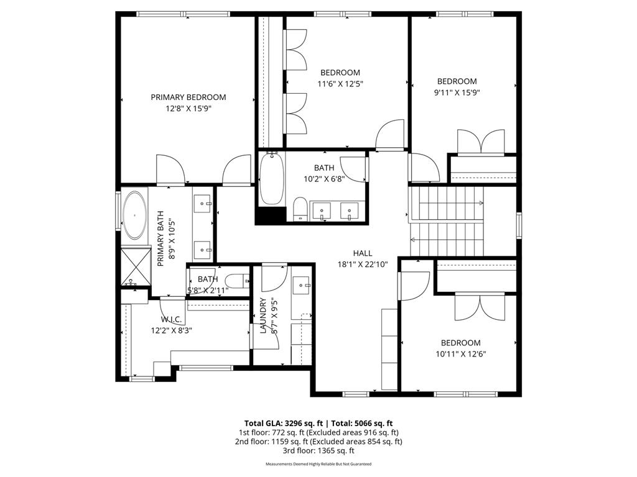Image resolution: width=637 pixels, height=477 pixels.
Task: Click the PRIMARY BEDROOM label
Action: click(x=188, y=97)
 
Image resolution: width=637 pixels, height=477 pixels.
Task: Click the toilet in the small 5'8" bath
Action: click(x=236, y=281)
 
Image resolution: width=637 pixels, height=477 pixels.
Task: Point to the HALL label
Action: click(x=362, y=253)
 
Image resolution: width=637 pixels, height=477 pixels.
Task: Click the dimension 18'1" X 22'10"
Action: click(x=362, y=264)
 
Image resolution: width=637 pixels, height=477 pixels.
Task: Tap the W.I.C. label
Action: click(x=171, y=319)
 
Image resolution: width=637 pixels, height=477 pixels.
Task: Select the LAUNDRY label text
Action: click(x=263, y=316)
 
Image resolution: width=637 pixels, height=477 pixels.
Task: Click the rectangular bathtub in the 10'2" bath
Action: click(x=272, y=179)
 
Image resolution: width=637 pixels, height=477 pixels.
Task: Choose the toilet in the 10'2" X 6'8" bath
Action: click(x=300, y=209)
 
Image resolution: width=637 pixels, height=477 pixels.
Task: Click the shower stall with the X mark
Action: click(x=136, y=266)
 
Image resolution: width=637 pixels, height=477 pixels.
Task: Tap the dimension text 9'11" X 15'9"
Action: click(x=457, y=92)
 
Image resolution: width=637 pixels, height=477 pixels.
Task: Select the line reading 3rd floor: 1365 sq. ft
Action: click(x=318, y=450)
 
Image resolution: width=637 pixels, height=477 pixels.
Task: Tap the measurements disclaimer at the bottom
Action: click(x=318, y=464)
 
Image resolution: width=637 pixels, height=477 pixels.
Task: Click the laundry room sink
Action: click(x=303, y=285)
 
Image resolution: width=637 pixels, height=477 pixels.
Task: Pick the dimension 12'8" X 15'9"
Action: click(x=188, y=108)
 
